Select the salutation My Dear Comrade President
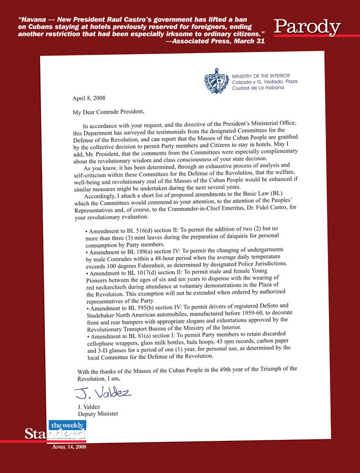coord(108,112)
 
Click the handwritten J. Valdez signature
coord(103,392)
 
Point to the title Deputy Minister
coord(98,413)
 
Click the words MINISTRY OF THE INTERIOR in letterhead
coord(261,76)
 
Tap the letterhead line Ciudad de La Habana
coord(257,87)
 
